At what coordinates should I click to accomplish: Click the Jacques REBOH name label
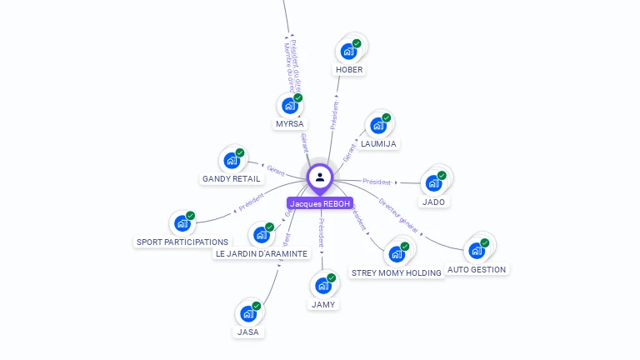click(320, 203)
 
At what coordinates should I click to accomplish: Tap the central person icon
click(320, 177)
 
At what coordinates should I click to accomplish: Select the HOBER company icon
click(348, 51)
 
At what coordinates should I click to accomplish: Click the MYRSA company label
click(290, 124)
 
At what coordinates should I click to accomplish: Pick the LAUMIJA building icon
click(378, 125)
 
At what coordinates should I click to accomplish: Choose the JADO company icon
click(433, 183)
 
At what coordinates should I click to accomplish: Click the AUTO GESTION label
click(477, 269)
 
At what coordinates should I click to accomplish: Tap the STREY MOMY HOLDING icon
click(397, 254)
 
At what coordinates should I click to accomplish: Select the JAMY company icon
click(323, 286)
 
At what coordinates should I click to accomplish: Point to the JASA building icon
click(248, 313)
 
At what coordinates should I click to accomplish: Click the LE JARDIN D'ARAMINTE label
click(262, 253)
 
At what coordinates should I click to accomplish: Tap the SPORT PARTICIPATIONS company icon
click(182, 223)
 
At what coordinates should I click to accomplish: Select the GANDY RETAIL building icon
click(232, 160)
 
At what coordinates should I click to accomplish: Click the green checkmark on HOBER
click(357, 43)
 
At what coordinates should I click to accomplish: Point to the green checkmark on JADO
click(442, 176)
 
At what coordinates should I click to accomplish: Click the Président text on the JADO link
click(377, 181)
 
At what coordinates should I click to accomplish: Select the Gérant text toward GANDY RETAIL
click(276, 170)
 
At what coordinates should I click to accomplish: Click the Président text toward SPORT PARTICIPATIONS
click(251, 202)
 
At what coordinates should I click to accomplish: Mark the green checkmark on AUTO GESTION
click(485, 242)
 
